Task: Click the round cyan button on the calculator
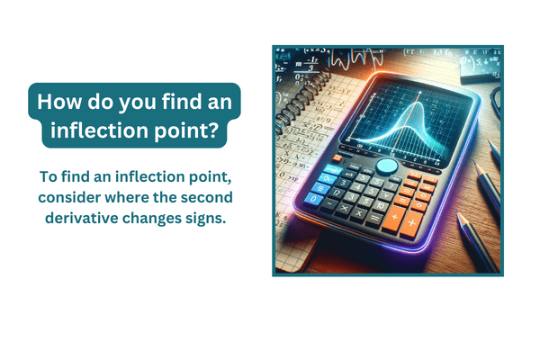point(386,167)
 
